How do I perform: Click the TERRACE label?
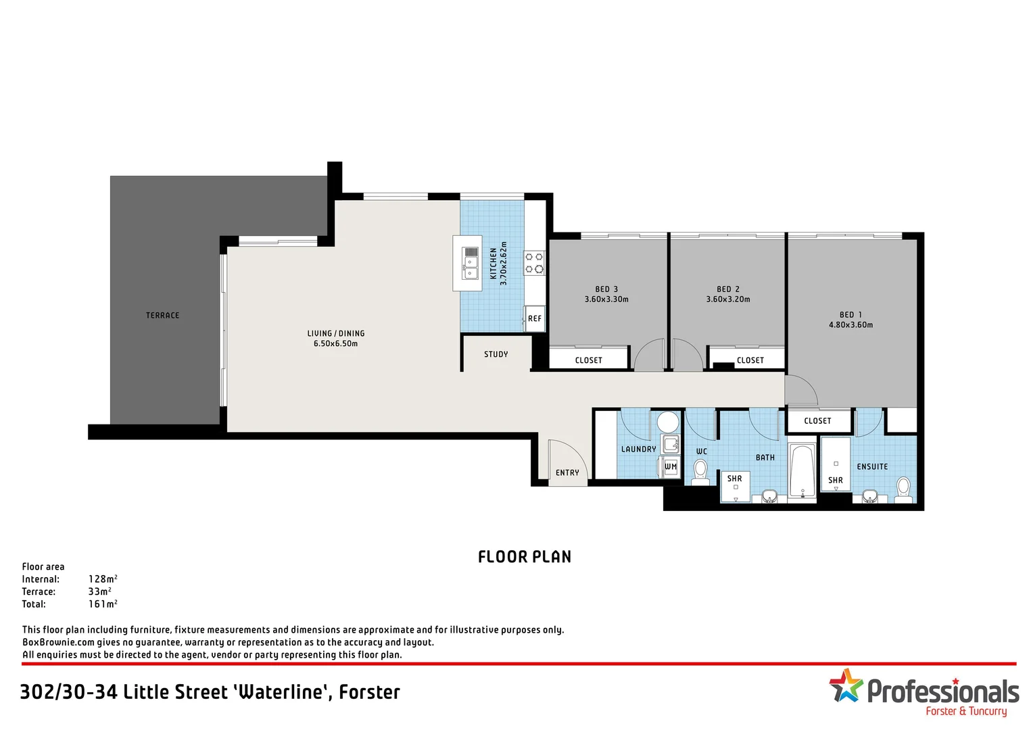162,316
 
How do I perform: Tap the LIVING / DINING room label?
336,333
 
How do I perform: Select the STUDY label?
496,354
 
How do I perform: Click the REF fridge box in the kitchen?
535,318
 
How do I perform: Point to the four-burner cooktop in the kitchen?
534,263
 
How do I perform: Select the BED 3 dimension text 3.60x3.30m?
606,299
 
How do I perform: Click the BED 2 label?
728,289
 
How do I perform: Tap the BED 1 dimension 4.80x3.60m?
850,325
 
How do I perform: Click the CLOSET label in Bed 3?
588,360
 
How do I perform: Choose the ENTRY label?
567,473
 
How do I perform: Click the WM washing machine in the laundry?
670,466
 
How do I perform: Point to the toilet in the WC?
700,471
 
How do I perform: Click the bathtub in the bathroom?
802,471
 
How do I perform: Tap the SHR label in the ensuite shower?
836,481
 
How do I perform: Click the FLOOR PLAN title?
525,557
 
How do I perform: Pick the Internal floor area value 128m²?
103,579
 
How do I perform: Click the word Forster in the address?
369,692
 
